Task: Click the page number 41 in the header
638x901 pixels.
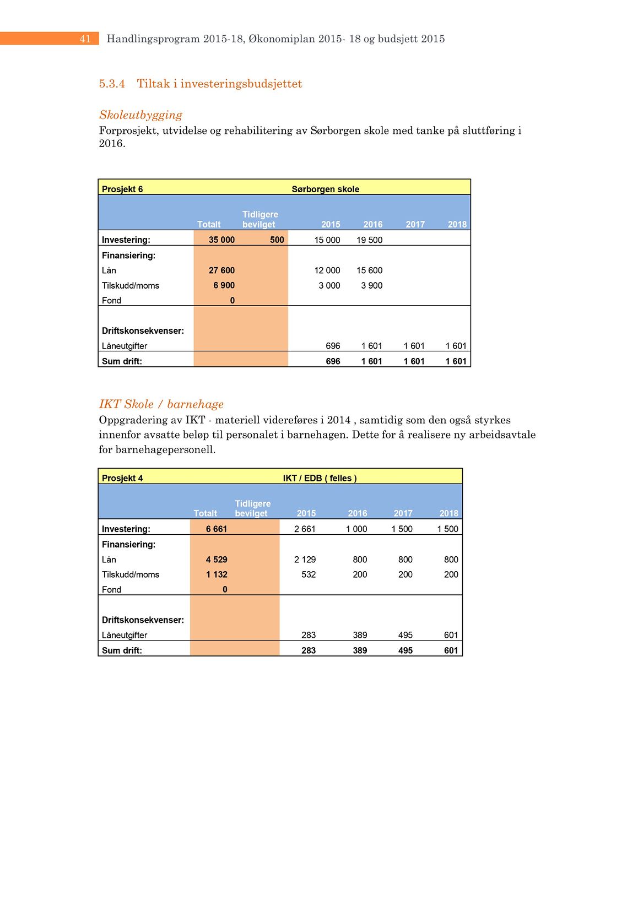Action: (85, 39)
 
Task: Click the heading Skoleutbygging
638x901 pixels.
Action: (140, 115)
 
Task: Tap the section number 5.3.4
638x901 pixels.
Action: (112, 84)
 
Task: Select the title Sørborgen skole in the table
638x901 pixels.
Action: (325, 189)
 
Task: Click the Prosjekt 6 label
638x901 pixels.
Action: (122, 189)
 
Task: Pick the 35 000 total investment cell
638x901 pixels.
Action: (221, 240)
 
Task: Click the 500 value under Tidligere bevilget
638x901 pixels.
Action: (277, 240)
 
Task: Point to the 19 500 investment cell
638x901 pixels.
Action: (369, 240)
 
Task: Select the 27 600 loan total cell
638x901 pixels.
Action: (221, 270)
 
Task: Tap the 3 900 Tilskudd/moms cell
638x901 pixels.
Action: (371, 285)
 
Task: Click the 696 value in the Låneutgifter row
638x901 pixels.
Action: (333, 346)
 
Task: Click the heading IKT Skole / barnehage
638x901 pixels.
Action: (161, 404)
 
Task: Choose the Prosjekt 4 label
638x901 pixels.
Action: (122, 478)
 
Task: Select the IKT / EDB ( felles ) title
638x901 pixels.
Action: (320, 478)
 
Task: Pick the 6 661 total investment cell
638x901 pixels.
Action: (217, 529)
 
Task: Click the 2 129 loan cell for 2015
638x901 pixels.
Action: (305, 559)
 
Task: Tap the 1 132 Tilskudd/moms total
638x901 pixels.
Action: (217, 574)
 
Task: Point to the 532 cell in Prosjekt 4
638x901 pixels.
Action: (309, 574)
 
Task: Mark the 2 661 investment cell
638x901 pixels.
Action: (305, 529)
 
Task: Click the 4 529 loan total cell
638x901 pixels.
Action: (217, 559)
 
